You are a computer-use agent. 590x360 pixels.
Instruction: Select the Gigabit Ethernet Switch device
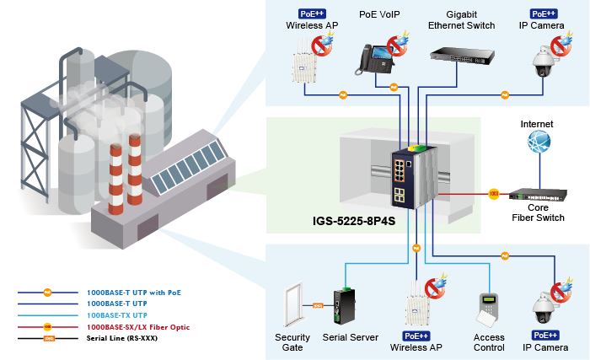pyautogui.click(x=463, y=56)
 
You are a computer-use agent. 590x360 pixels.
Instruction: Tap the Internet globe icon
pyautogui.click(x=538, y=142)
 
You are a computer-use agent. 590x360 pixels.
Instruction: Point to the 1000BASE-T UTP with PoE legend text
pyautogui.click(x=134, y=293)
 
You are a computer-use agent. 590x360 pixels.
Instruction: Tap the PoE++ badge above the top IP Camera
pyautogui.click(x=541, y=14)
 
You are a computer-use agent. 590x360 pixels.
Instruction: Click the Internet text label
pyautogui.click(x=537, y=123)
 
